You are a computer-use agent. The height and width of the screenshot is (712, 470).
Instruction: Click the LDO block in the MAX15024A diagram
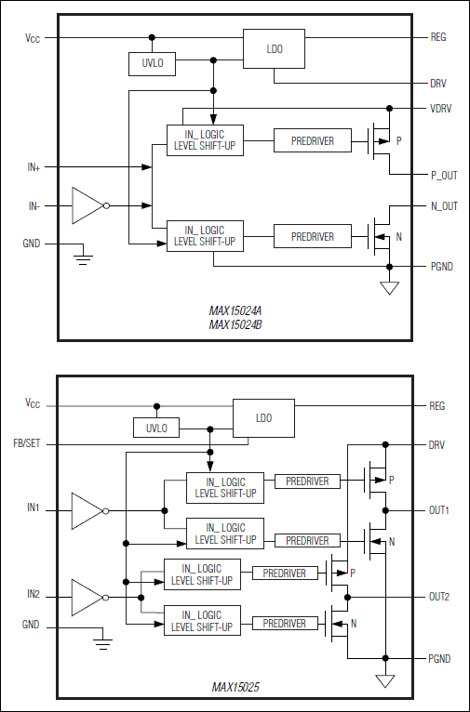coord(274,48)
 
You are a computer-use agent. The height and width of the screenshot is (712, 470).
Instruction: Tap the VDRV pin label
coord(440,108)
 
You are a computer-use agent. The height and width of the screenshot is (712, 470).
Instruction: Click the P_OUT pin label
coord(443,176)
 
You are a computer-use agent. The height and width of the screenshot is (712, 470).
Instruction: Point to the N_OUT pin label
coord(443,206)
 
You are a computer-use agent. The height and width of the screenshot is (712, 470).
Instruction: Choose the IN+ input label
coord(34,167)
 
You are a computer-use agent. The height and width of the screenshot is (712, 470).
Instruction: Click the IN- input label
coord(34,205)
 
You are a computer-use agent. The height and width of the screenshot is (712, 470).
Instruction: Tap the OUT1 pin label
coord(440,510)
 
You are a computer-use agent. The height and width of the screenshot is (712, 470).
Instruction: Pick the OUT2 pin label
coord(440,597)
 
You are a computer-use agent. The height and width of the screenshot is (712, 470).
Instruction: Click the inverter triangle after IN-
coord(87,205)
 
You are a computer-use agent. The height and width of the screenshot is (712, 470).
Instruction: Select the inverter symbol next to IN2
coord(87,596)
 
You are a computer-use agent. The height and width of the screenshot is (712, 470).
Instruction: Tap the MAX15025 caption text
coord(235,688)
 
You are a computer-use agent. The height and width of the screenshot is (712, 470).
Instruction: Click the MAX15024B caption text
coord(235,325)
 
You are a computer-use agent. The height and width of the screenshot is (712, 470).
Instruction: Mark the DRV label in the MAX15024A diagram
coord(438,83)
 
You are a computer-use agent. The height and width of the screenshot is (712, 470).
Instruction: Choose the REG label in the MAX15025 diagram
coord(437,406)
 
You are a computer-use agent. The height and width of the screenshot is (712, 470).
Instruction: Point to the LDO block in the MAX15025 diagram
coord(263,418)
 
